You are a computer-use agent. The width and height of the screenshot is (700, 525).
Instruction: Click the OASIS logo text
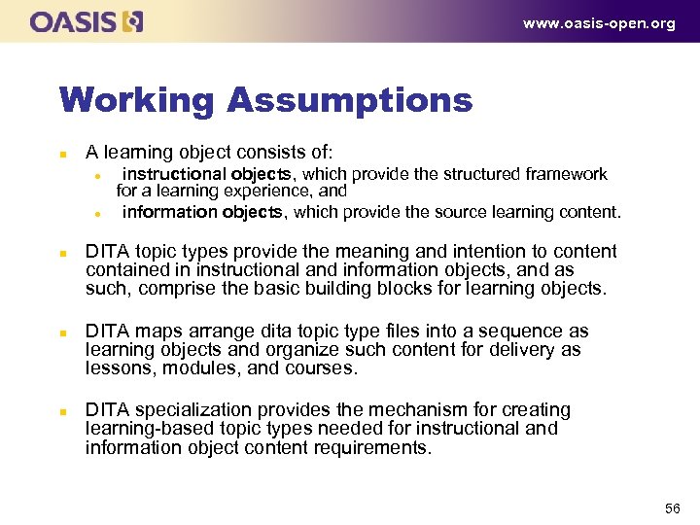[74, 21]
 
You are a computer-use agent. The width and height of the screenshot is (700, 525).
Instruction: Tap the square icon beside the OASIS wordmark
[133, 21]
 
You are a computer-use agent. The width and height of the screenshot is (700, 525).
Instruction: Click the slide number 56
[672, 508]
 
